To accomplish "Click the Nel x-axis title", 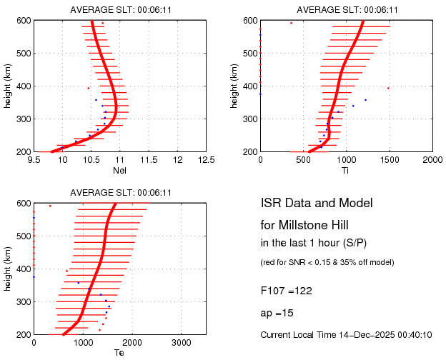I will [x=120, y=170].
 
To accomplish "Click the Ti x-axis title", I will [x=345, y=170].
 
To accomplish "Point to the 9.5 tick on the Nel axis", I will [x=34, y=160].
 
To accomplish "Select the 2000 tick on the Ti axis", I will [x=432, y=160].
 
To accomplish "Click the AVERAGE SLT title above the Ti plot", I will [x=346, y=9].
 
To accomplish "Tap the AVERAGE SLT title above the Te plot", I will [x=120, y=193].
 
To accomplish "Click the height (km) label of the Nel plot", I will [x=8, y=86].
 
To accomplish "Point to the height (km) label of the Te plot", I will [x=8, y=269].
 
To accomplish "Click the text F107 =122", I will [x=286, y=291].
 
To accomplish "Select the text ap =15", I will [x=277, y=314].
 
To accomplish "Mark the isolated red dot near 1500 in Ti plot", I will [x=388, y=88].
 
